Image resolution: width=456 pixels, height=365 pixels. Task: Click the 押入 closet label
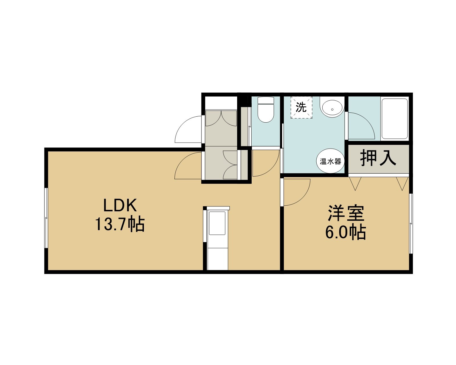pyautogui.click(x=378, y=158)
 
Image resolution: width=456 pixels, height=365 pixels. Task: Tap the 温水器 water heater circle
pyautogui.click(x=330, y=161)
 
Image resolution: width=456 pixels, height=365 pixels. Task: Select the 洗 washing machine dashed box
pyautogui.click(x=302, y=107)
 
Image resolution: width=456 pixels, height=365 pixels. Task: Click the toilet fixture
pyautogui.click(x=266, y=110)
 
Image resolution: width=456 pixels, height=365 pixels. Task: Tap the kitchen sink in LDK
pyautogui.click(x=217, y=223)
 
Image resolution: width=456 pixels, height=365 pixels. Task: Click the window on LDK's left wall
pyautogui.click(x=46, y=218)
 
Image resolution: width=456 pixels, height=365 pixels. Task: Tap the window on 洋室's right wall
pyautogui.click(x=411, y=224)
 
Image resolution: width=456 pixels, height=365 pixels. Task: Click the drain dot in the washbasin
pyautogui.click(x=332, y=110)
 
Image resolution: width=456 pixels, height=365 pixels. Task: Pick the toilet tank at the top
pyautogui.click(x=266, y=100)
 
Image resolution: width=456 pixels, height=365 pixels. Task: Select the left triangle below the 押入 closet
pyautogui.click(x=355, y=183)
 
